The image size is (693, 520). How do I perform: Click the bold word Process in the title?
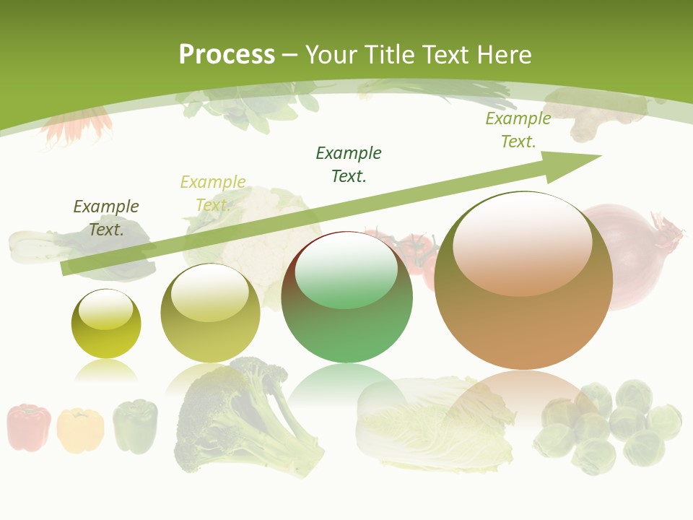click(x=227, y=55)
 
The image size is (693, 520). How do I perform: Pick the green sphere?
click(x=347, y=298)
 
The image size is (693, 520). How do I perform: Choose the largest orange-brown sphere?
click(x=523, y=282)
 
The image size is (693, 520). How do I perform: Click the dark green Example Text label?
click(x=349, y=164)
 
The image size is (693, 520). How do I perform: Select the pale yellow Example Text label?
click(x=213, y=193)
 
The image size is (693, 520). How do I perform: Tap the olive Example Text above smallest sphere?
click(x=106, y=217)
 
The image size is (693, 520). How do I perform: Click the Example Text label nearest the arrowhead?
click(x=518, y=129)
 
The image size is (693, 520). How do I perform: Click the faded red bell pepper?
click(x=29, y=427)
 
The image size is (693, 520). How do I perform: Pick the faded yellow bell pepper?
click(x=80, y=430)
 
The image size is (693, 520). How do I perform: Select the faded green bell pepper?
click(x=135, y=425)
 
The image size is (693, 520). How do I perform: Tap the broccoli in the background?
click(x=238, y=415)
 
